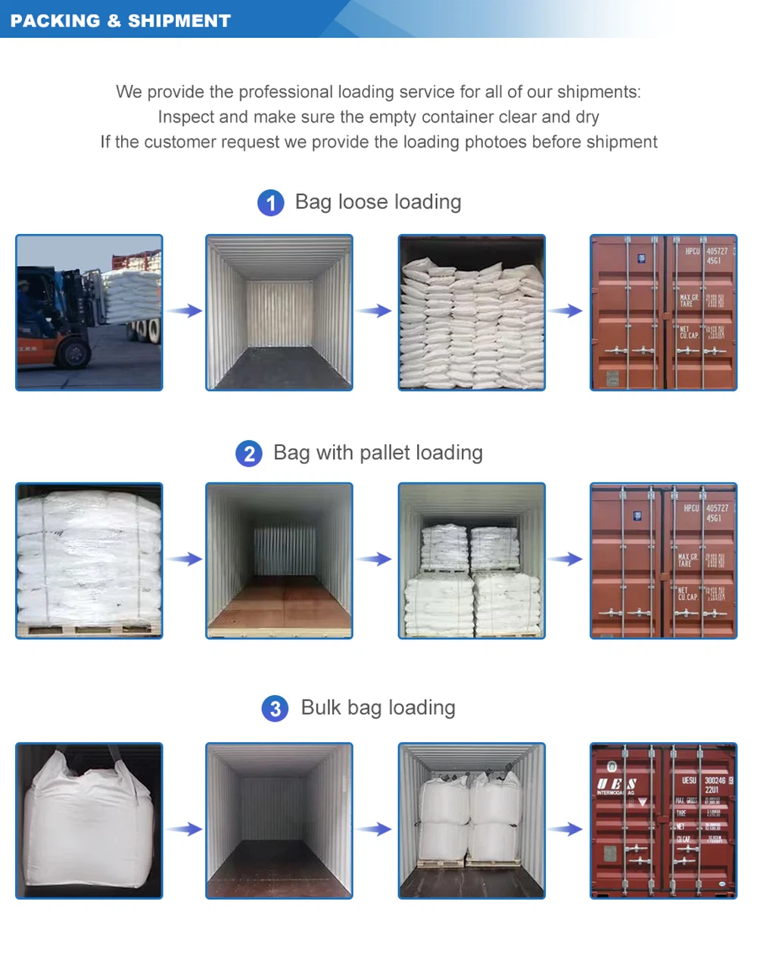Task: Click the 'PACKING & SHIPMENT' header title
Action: tap(120, 20)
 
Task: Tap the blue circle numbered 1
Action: tap(270, 203)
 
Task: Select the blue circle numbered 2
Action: tap(249, 454)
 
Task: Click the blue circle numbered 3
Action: tap(275, 709)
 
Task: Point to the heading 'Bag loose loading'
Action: tap(378, 202)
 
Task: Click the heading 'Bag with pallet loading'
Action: tap(378, 453)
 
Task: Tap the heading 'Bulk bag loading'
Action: tap(378, 708)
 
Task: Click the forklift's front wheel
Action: tap(73, 353)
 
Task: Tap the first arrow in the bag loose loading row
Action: tap(184, 310)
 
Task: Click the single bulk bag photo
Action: tap(89, 821)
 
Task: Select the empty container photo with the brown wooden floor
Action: tap(279, 560)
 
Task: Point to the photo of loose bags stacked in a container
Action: tap(472, 313)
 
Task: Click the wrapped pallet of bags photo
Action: tap(89, 560)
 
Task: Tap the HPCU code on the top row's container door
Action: tap(692, 251)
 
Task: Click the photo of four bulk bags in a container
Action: tap(472, 821)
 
